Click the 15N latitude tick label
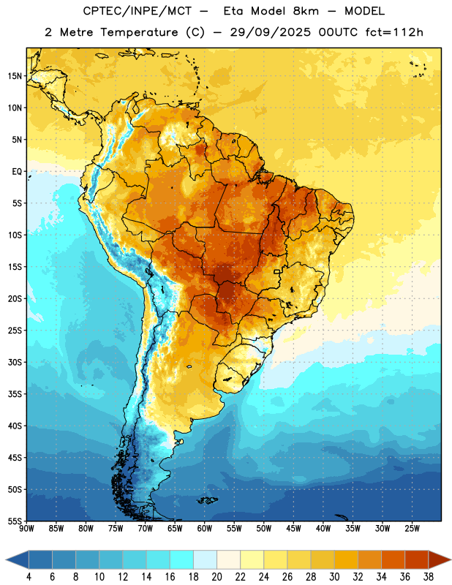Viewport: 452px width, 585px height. coord(15,76)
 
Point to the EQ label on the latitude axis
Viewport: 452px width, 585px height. coord(17,172)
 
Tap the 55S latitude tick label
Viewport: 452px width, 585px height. coord(15,521)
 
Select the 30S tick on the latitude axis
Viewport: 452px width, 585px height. coord(15,362)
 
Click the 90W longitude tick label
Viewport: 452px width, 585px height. coord(26,528)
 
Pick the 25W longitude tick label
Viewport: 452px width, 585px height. coord(412,528)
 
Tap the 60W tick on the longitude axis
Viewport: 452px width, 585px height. coord(205,528)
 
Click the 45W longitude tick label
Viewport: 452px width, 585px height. coord(293,528)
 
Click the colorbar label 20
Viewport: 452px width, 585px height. coord(216,577)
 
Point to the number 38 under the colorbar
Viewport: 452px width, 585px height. coord(429,577)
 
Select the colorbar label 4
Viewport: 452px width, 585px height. coord(29,577)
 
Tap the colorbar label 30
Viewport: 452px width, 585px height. coord(334,577)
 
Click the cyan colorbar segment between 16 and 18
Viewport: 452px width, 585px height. coord(181,559)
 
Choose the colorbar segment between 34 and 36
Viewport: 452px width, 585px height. coord(393,559)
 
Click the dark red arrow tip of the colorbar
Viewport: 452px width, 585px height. coord(451,559)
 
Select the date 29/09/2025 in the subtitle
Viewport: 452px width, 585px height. coord(270,32)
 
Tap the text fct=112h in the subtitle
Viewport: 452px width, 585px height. coord(394,32)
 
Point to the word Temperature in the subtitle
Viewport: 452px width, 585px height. coord(139,32)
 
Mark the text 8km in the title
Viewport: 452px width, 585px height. coord(306,11)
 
